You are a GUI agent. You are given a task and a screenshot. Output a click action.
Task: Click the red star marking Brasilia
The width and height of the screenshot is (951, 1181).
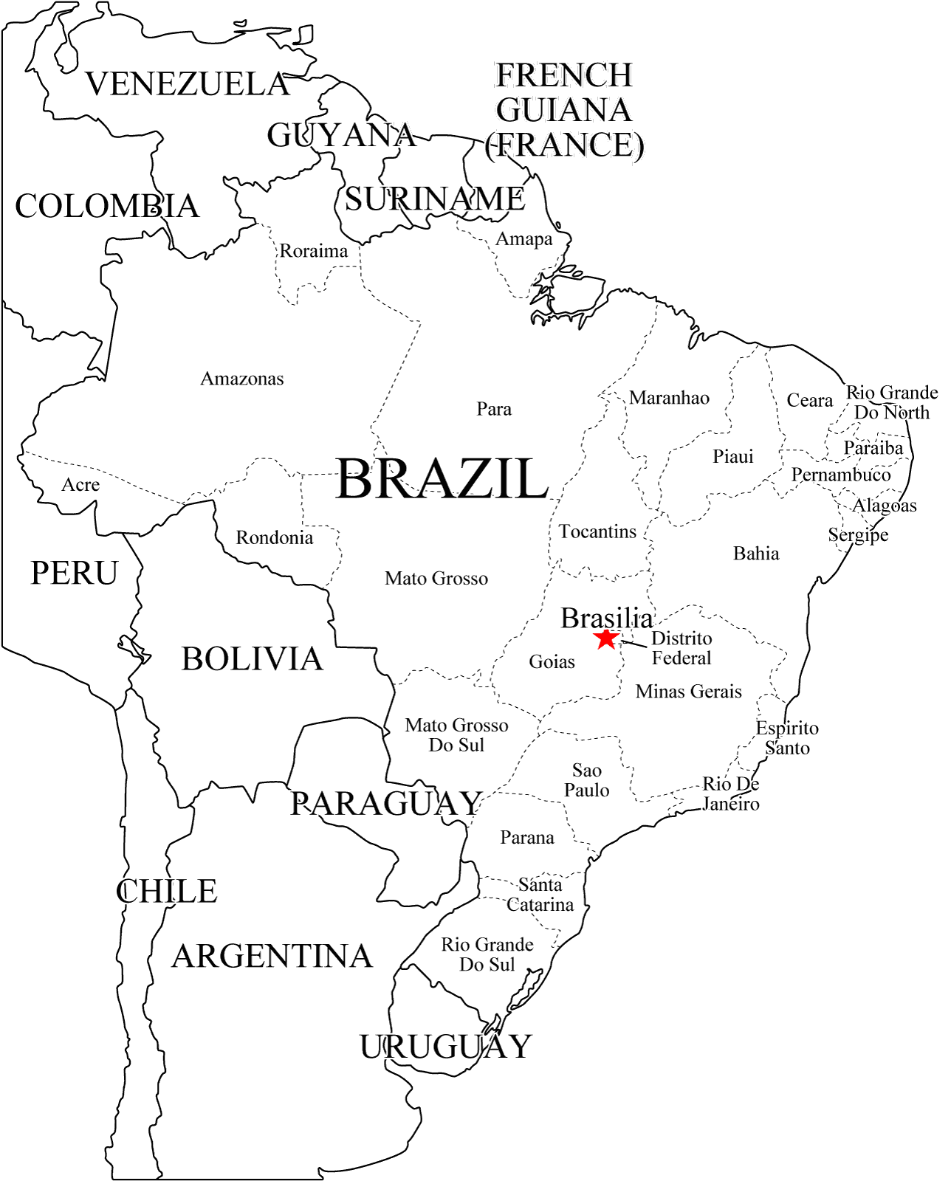click(606, 639)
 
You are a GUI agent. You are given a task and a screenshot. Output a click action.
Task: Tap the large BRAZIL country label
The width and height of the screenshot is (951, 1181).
click(442, 479)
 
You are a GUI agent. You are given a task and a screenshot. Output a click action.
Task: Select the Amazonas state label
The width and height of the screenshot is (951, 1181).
click(242, 379)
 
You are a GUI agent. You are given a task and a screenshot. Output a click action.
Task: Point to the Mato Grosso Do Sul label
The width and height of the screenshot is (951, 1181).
click(456, 735)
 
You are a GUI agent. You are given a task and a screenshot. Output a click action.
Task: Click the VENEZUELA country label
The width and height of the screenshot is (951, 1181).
click(188, 84)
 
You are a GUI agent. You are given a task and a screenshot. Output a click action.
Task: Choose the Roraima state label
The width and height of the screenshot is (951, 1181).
click(313, 251)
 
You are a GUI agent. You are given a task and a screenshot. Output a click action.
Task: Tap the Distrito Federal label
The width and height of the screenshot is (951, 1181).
click(682, 648)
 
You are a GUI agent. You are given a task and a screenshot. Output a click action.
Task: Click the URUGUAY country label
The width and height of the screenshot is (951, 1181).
click(446, 1047)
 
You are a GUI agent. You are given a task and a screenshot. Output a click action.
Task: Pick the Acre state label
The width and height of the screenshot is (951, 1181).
click(80, 485)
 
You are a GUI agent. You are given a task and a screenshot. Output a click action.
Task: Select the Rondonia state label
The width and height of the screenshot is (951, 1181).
click(275, 538)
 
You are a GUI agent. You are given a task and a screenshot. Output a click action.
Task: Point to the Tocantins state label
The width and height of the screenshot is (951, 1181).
click(597, 532)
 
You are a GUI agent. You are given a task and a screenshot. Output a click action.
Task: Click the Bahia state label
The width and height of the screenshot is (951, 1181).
click(756, 554)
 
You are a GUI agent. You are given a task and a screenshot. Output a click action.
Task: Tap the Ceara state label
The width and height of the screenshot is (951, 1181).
click(809, 401)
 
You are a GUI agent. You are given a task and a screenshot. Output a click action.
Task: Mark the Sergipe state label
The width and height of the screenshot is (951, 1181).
click(858, 535)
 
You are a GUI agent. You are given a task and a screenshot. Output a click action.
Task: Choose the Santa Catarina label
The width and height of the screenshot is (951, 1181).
click(540, 895)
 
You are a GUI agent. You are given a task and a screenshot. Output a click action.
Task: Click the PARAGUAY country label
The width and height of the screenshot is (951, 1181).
click(386, 804)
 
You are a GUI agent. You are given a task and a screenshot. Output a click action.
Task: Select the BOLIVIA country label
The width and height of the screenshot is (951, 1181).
click(253, 659)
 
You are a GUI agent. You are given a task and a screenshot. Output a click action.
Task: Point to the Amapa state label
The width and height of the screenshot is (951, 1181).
click(523, 239)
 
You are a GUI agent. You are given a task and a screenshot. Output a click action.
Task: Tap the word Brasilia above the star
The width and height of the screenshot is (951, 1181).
click(607, 619)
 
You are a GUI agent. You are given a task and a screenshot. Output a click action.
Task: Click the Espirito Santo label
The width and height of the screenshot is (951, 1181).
click(787, 738)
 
